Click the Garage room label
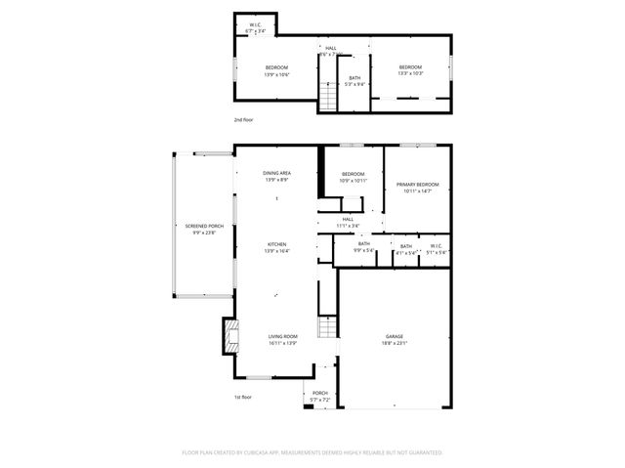(x=394, y=336)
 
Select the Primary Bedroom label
(x=417, y=185)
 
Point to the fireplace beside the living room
(x=230, y=337)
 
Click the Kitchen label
(x=276, y=244)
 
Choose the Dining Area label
(x=276, y=173)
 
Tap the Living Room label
(x=282, y=336)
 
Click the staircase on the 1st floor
(x=327, y=328)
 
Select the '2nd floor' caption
(x=243, y=120)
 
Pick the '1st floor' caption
(x=243, y=397)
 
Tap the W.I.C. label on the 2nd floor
(x=255, y=24)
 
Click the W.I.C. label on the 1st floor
(x=437, y=245)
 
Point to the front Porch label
(x=320, y=393)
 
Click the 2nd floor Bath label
(x=354, y=78)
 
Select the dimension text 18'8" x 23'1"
(x=394, y=343)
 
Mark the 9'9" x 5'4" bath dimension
(x=363, y=252)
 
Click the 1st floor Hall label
(x=347, y=219)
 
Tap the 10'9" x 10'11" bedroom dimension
(x=353, y=181)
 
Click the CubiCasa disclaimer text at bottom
(x=312, y=452)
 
